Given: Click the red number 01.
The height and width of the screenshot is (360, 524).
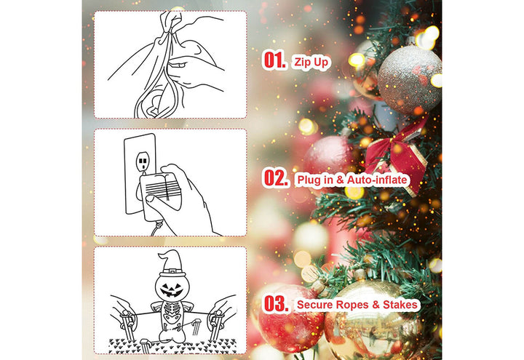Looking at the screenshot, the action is pyautogui.click(x=274, y=60).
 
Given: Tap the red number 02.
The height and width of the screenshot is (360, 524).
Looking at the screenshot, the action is pyautogui.click(x=276, y=177).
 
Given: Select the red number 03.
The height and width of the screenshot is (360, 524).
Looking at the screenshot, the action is pyautogui.click(x=277, y=303).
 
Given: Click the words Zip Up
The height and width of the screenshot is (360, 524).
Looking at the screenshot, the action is pyautogui.click(x=311, y=63).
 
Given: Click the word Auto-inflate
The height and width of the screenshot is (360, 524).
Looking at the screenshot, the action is pyautogui.click(x=377, y=180).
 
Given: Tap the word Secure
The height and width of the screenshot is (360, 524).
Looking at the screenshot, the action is pyautogui.click(x=315, y=305).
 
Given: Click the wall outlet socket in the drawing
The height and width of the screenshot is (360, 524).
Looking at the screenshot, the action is pyautogui.click(x=143, y=161).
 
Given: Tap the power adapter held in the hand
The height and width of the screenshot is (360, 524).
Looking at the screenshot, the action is pyautogui.click(x=159, y=196).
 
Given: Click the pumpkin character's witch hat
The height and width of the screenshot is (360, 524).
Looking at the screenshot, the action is pyautogui.click(x=172, y=263).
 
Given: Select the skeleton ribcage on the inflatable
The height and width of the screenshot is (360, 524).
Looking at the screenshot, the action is pyautogui.click(x=172, y=313).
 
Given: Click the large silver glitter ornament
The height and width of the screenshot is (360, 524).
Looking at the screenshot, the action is pyautogui.click(x=410, y=79).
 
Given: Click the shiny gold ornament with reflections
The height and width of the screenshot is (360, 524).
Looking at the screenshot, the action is pyautogui.click(x=372, y=320).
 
